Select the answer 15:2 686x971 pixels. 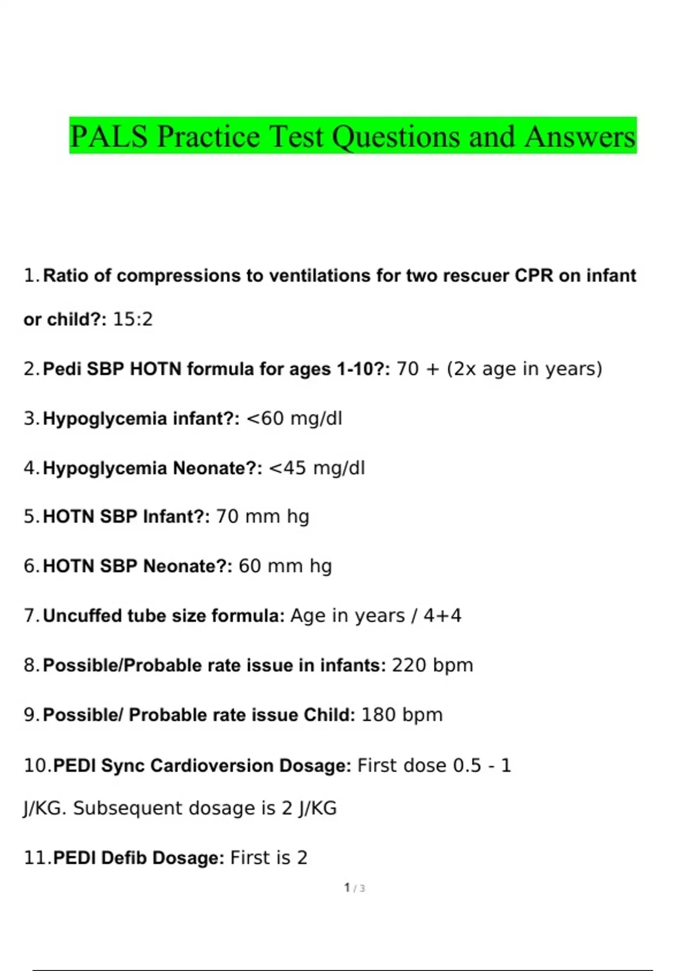pos(133,319)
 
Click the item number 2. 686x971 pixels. pos(31,369)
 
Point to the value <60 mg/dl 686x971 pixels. pos(294,419)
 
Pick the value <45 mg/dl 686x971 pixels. pos(317,468)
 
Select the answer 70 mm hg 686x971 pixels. pos(263,517)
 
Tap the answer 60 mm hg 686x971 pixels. pos(285,566)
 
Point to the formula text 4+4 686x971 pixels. pos(442,616)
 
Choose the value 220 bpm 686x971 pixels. pos(433,665)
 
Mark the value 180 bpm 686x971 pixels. pos(402,715)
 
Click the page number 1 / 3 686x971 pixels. pos(354,888)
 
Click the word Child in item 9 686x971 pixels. pos(327,715)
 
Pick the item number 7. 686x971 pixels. pos(31,616)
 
